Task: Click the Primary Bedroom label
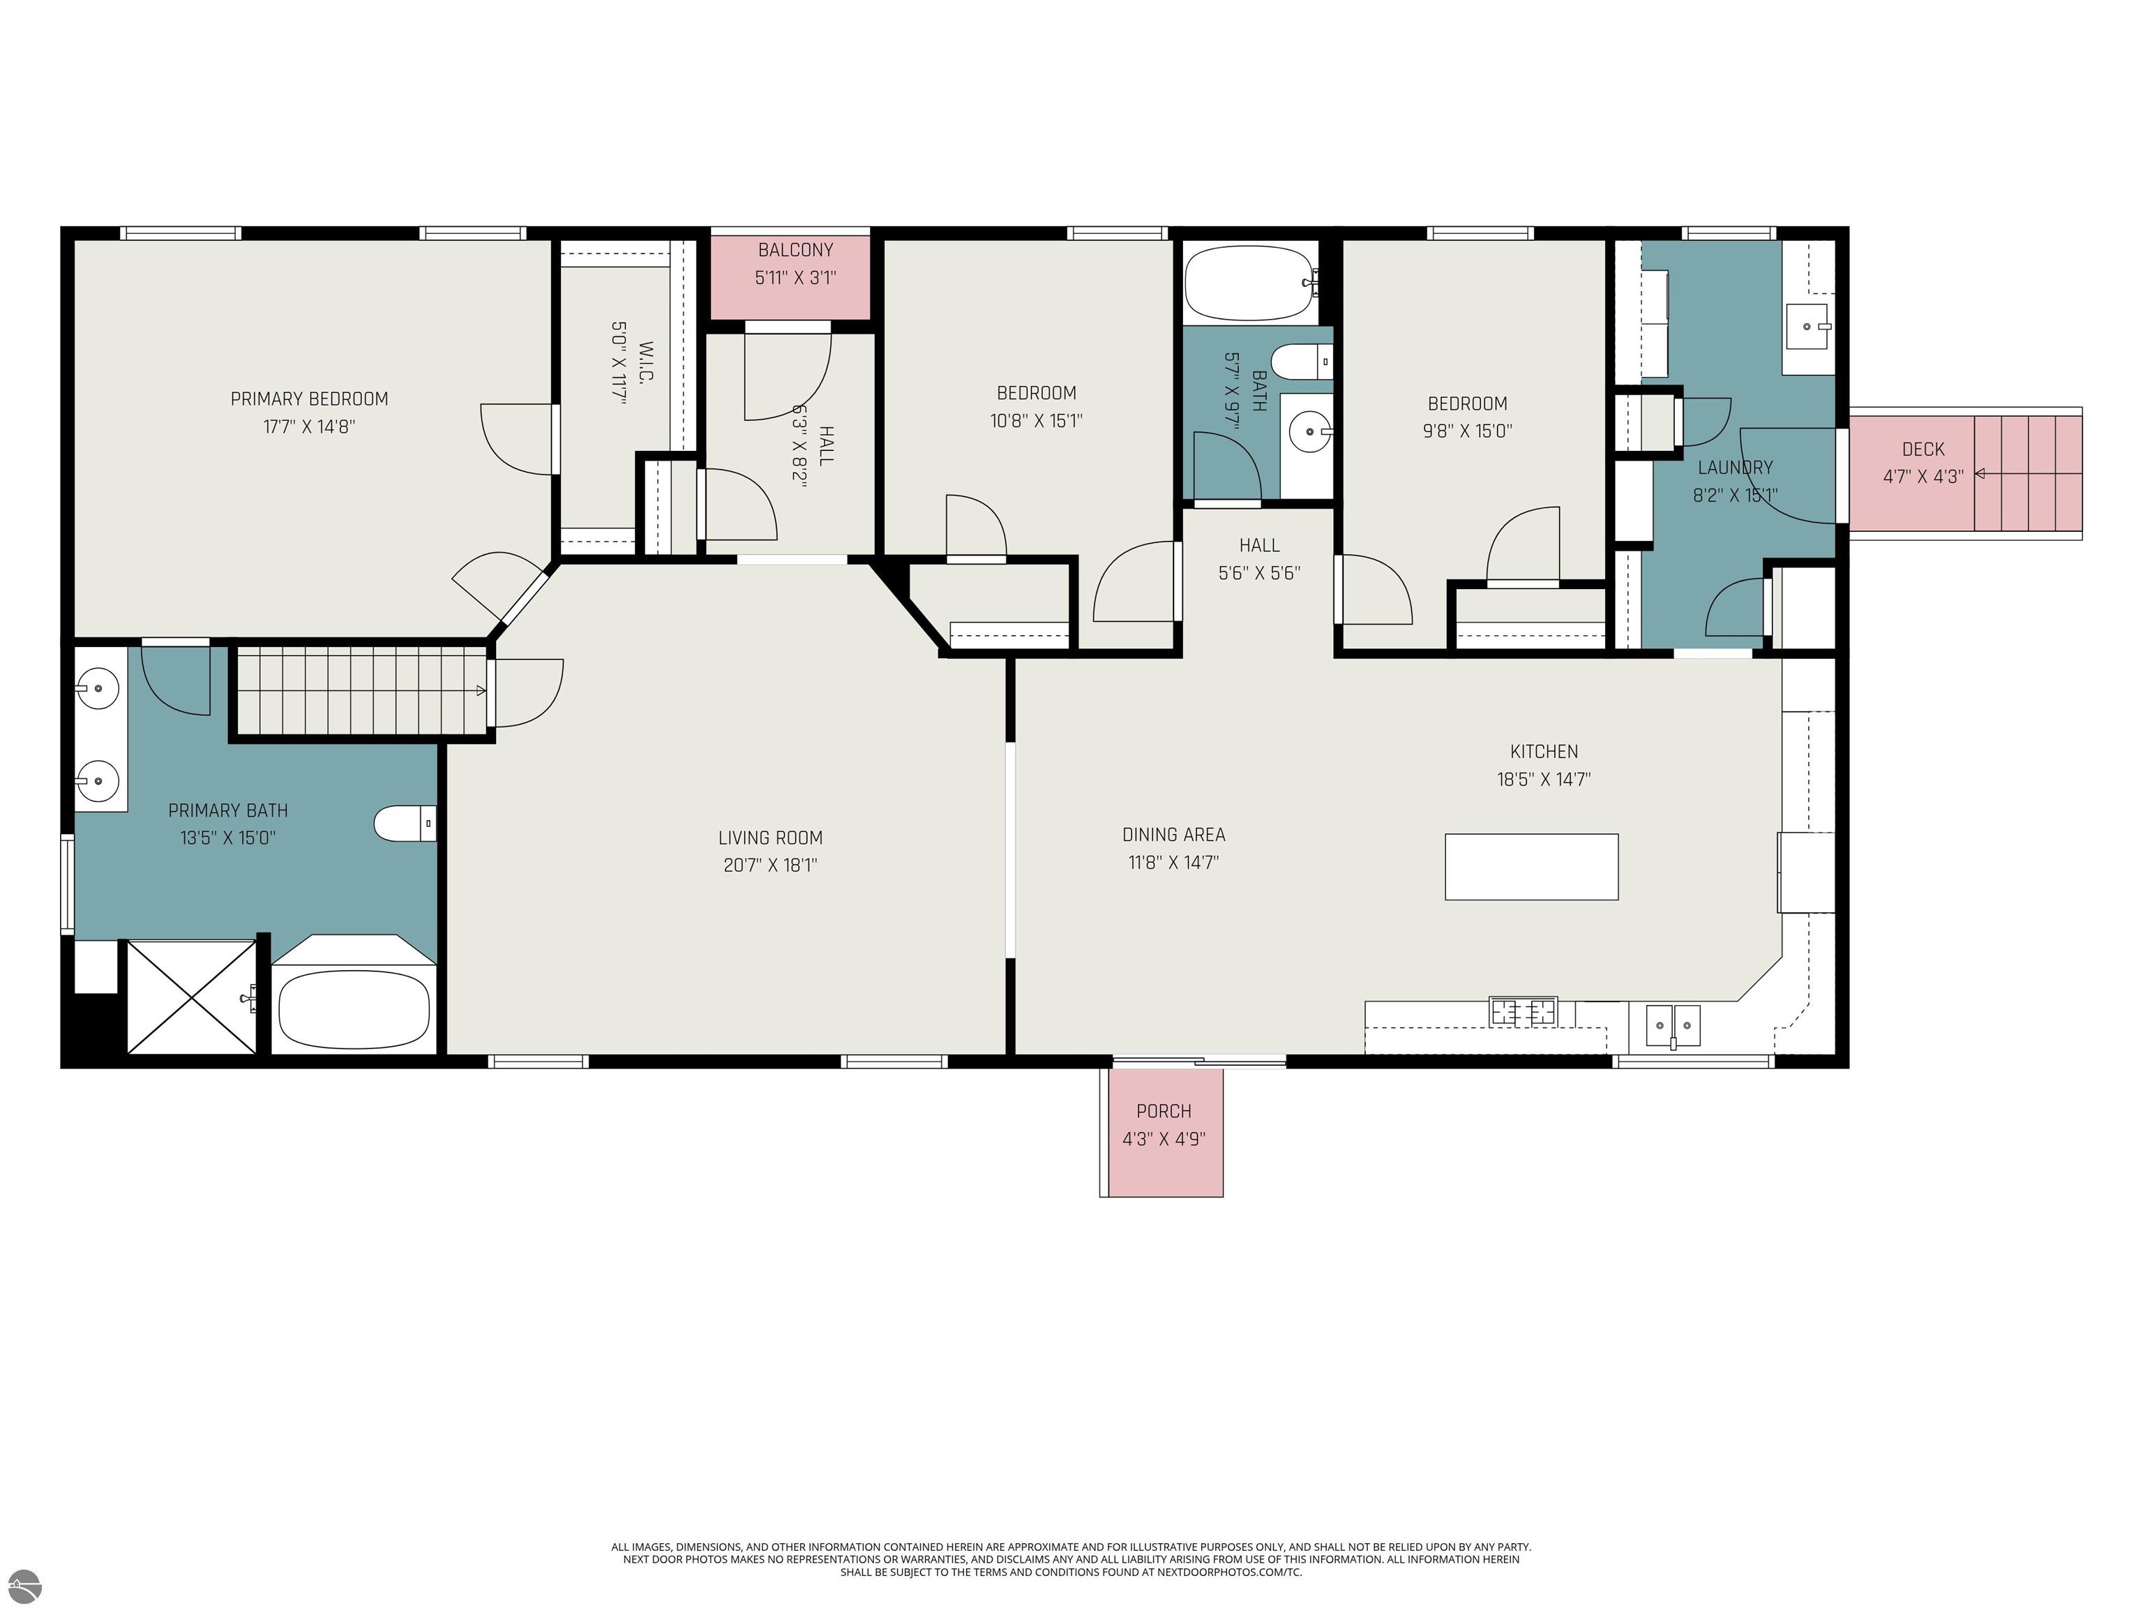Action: [x=309, y=399]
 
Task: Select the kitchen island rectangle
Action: [x=1531, y=867]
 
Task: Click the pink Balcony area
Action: [x=795, y=277]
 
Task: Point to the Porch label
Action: [x=1164, y=1111]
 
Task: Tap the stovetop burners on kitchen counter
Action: [x=1523, y=1012]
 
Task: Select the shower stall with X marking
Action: [x=192, y=997]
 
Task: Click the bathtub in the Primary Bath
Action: [x=354, y=1008]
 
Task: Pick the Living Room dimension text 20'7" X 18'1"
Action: [x=770, y=865]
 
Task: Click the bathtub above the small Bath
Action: [x=1249, y=283]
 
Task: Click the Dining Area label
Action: [x=1173, y=835]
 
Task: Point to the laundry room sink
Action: [x=1807, y=327]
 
